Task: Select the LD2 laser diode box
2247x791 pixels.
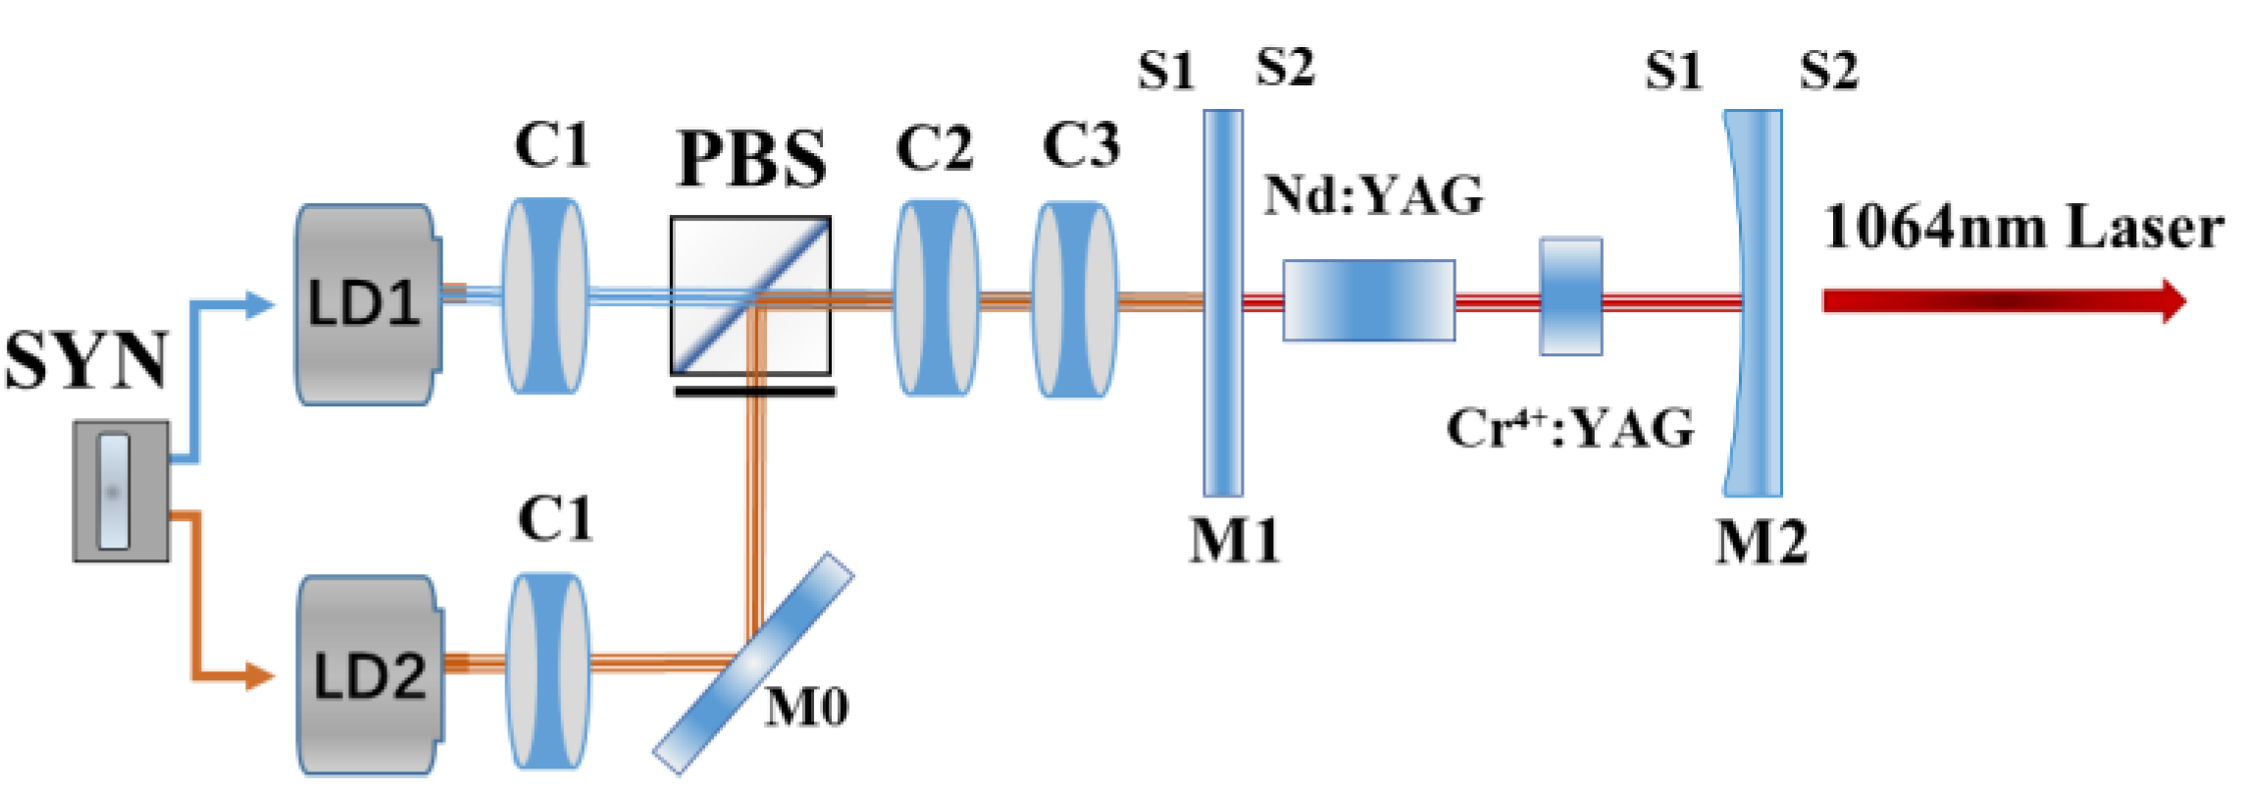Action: [369, 675]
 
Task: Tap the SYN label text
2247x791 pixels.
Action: [86, 360]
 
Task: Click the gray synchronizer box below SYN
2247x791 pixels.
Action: [122, 491]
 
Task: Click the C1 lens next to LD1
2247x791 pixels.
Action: [545, 296]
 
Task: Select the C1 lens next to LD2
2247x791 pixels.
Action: [548, 671]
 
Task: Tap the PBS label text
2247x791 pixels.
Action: [751, 159]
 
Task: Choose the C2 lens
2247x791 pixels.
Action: [936, 298]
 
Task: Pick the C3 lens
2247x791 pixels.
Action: [1075, 300]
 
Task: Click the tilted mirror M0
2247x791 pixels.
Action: [753, 663]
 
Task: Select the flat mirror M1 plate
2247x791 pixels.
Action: [1223, 302]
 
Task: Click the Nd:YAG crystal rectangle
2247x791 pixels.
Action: [1368, 300]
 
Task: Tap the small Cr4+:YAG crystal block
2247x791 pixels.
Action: [1570, 295]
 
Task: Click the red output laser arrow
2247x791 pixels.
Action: [2001, 300]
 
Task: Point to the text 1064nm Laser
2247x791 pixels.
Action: [2022, 228]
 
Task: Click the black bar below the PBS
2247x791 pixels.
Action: [754, 392]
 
